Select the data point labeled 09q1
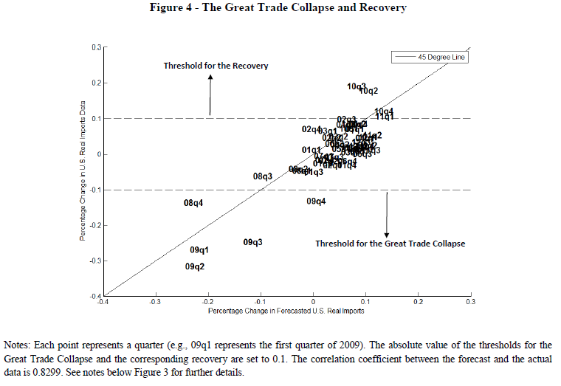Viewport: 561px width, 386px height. point(199,250)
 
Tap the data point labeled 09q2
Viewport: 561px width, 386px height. point(195,266)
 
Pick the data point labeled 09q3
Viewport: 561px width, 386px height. point(252,242)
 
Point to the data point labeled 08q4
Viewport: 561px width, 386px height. point(193,203)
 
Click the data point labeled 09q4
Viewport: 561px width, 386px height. point(316,201)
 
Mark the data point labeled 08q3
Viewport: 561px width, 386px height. point(263,176)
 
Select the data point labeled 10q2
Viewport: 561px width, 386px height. point(368,92)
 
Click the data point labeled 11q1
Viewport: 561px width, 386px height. point(384,117)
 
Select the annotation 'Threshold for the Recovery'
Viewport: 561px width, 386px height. point(216,66)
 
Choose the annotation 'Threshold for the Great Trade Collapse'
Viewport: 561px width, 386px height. point(390,244)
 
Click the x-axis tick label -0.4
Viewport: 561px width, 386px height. point(103,302)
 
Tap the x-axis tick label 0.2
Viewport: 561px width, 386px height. point(418,302)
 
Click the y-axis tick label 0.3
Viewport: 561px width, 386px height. point(96,46)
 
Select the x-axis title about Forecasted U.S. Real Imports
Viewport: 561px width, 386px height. point(286,311)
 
